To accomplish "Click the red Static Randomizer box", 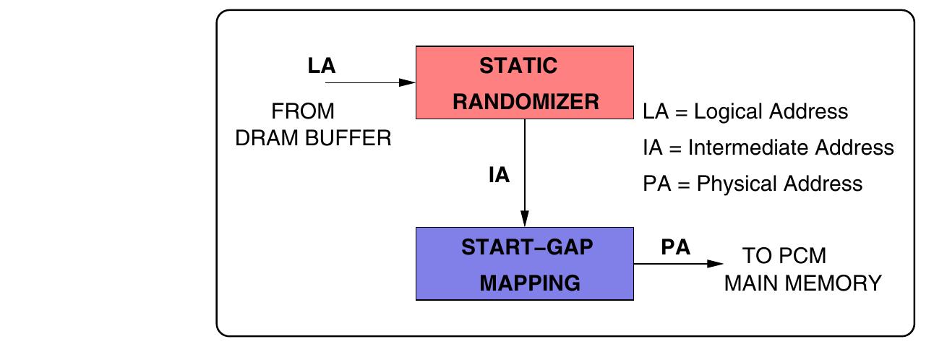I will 525,82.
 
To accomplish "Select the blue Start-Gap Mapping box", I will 525,264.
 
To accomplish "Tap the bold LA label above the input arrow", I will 322,66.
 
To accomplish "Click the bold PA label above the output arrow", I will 676,247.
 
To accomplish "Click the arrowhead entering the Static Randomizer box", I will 408,82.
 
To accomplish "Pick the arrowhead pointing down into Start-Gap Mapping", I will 525,219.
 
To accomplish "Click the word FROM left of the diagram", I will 303,112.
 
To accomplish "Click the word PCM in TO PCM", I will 803,257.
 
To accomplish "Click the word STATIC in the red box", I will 518,66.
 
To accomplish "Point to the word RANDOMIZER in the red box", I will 526,102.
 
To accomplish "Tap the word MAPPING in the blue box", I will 530,283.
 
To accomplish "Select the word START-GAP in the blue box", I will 526,247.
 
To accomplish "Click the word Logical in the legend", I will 730,112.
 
